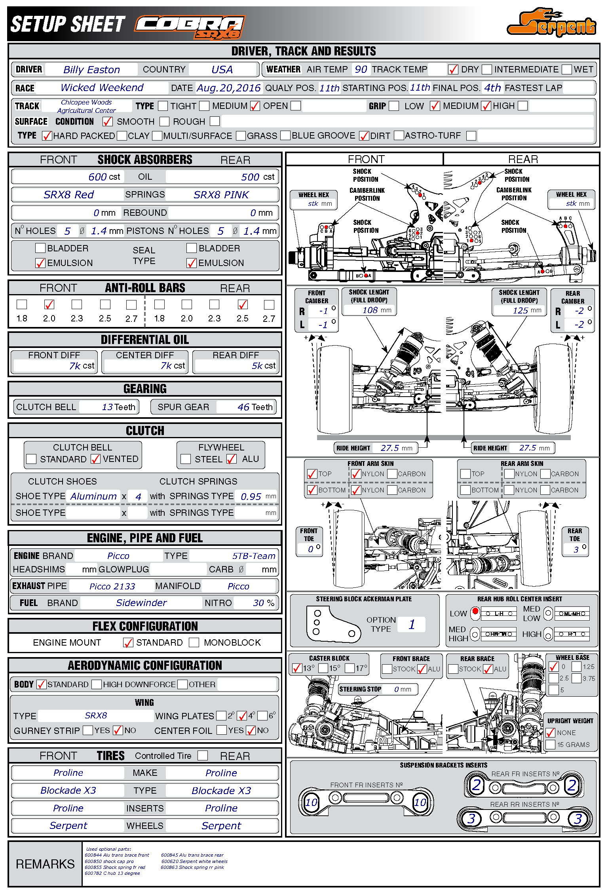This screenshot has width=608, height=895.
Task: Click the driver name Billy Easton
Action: pyautogui.click(x=91, y=70)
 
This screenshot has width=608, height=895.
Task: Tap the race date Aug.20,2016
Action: pyautogui.click(x=228, y=88)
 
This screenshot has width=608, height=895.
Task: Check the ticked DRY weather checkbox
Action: pyautogui.click(x=453, y=70)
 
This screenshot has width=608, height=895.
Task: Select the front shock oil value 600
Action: pyautogui.click(x=97, y=177)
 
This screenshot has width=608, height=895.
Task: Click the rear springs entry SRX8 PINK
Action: pyautogui.click(x=221, y=195)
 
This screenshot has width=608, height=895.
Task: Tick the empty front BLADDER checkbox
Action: pyautogui.click(x=40, y=248)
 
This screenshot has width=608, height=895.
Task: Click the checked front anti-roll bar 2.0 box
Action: pyautogui.click(x=49, y=304)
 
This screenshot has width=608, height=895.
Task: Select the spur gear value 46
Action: pyautogui.click(x=243, y=407)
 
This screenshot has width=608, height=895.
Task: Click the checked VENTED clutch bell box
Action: pyautogui.click(x=95, y=459)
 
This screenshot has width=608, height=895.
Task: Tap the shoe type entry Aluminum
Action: pyautogui.click(x=93, y=496)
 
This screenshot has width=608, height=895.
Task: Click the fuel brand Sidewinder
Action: pyautogui.click(x=141, y=603)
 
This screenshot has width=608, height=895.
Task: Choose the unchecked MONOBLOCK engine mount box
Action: pyautogui.click(x=194, y=642)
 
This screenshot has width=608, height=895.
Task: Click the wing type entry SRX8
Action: pyautogui.click(x=96, y=716)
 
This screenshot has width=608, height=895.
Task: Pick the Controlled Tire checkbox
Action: pyautogui.click(x=203, y=756)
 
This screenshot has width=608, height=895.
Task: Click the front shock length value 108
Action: pyautogui.click(x=370, y=310)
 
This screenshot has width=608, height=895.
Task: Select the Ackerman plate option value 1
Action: pyautogui.click(x=412, y=625)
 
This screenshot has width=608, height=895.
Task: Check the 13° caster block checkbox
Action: pyautogui.click(x=297, y=669)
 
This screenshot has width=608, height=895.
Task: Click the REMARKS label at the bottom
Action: pyautogui.click(x=45, y=864)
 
